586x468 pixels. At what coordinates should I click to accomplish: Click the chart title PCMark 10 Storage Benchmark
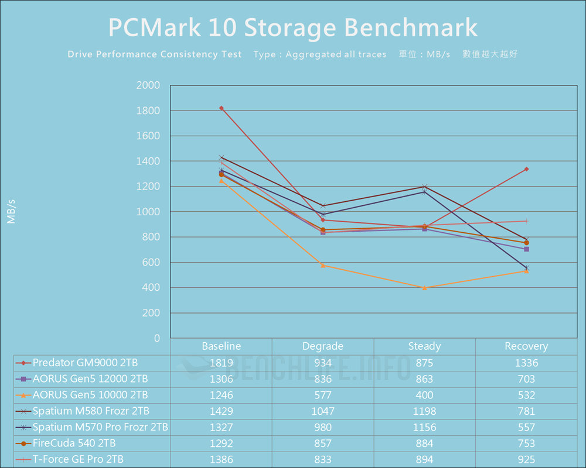293,27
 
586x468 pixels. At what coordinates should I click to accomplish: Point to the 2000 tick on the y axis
148,85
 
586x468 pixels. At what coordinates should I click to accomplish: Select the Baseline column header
221,346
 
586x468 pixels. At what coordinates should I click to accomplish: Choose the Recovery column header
526,346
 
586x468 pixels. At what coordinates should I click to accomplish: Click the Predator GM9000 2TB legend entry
85,363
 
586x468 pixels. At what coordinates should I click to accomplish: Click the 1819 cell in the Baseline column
221,363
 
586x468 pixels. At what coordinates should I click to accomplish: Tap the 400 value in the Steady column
424,395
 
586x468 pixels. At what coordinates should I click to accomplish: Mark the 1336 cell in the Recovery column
526,363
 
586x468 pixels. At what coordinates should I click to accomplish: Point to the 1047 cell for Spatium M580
323,411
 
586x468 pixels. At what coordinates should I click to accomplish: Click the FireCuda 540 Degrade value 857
323,443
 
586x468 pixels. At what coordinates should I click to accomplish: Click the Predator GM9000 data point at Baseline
221,108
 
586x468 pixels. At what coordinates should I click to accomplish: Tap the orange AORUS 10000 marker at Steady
424,288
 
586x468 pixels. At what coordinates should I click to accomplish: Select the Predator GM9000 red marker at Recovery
526,169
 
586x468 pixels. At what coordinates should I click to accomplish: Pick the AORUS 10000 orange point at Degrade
323,266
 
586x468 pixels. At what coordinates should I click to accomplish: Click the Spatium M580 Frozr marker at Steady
424,187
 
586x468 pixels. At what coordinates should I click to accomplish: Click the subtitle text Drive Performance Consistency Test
155,54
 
